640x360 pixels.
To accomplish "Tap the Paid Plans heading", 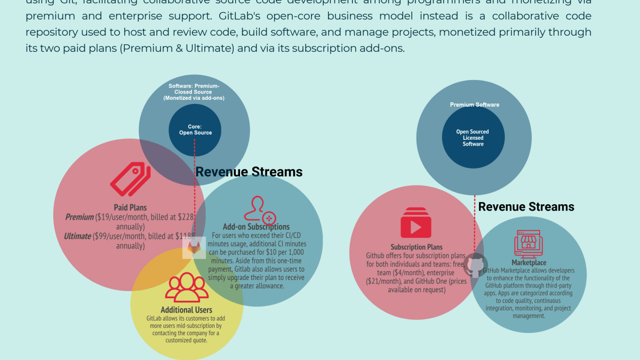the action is pyautogui.click(x=130, y=207).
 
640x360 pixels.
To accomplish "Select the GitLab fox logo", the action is pyautogui.click(x=194, y=248).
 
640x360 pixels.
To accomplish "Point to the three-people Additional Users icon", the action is pyautogui.click(x=187, y=288).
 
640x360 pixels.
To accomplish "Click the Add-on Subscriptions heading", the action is pyautogui.click(x=256, y=227).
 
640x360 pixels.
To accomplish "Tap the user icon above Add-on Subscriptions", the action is pyautogui.click(x=260, y=209).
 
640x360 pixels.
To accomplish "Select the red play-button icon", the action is pyautogui.click(x=416, y=225).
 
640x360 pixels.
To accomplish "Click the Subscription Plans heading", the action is pyautogui.click(x=417, y=247).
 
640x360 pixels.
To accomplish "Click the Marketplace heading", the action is pyautogui.click(x=529, y=262).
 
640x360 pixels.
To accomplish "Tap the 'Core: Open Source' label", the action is pyautogui.click(x=194, y=130).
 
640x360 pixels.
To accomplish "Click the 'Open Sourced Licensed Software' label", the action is pyautogui.click(x=473, y=138).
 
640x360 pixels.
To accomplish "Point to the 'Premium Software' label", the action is pyautogui.click(x=474, y=105).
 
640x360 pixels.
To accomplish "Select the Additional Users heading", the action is pyautogui.click(x=187, y=310).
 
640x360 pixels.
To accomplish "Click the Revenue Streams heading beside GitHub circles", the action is pyautogui.click(x=526, y=206).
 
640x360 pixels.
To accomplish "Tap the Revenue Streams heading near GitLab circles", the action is pyautogui.click(x=249, y=172).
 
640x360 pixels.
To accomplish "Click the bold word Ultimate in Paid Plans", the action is pyautogui.click(x=77, y=236).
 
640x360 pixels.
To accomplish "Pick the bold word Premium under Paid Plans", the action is pyautogui.click(x=79, y=217).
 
